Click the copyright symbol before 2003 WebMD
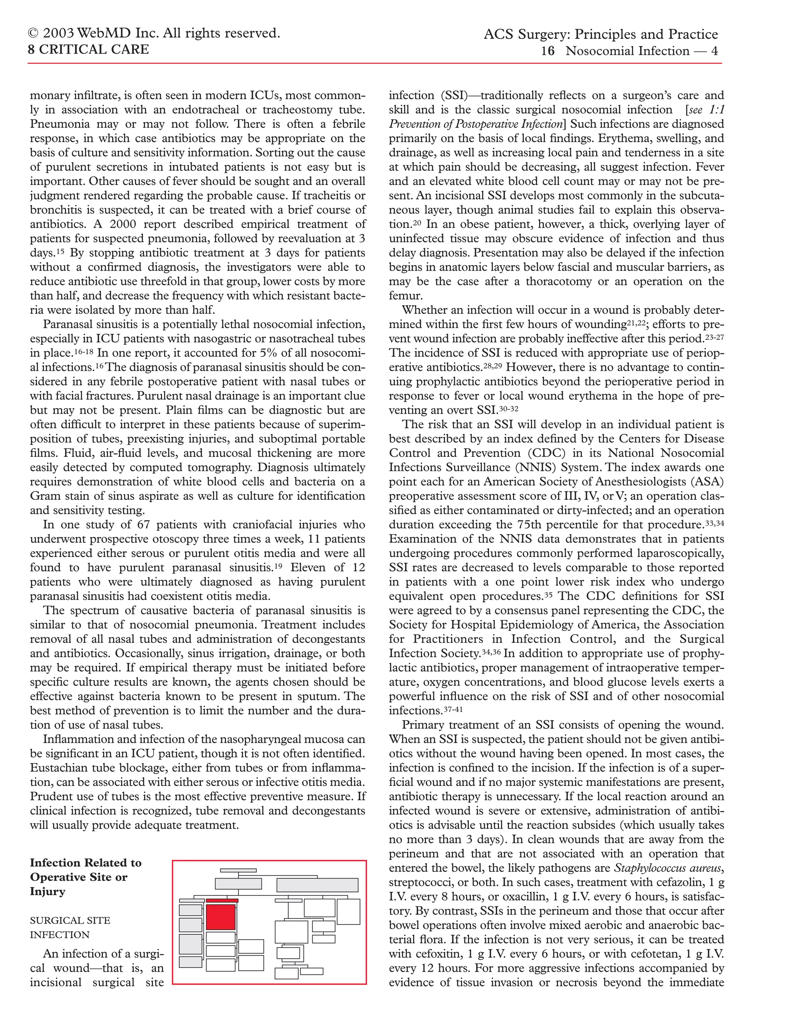coord(33,33)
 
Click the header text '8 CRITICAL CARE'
coord(88,49)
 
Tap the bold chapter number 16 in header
coord(548,51)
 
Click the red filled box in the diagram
coord(221,917)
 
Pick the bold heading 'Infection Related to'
coord(86,862)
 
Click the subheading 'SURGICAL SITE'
coord(70,920)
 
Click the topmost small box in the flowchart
coord(238,870)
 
